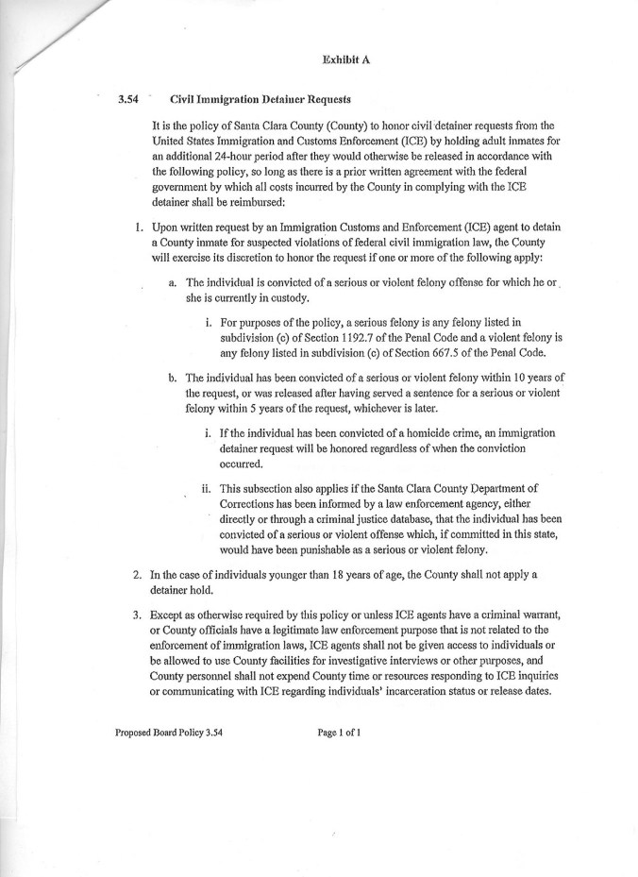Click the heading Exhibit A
point(344,59)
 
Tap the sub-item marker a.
point(173,282)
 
